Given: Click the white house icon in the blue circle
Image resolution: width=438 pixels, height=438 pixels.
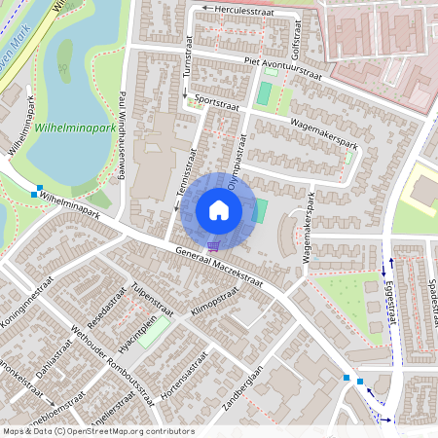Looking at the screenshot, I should [x=218, y=209].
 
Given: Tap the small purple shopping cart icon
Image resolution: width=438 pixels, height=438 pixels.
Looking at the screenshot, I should [x=213, y=245].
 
